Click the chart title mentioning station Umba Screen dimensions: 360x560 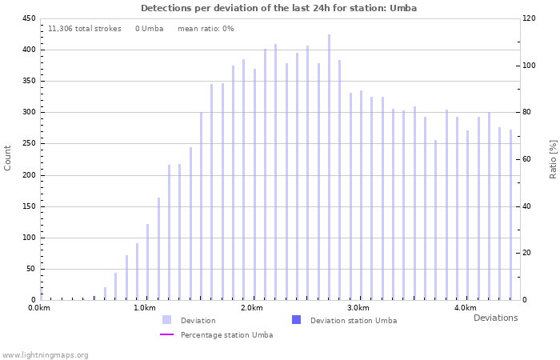[278, 8]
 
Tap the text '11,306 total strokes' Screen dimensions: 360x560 [85, 29]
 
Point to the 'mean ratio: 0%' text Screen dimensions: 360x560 [206, 29]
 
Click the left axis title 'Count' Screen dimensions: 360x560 [8, 158]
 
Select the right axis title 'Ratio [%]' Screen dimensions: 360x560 [553, 158]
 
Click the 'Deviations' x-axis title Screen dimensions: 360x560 [495, 318]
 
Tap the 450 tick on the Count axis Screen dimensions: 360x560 [27, 18]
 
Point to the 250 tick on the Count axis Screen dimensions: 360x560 [27, 144]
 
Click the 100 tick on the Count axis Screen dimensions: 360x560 [27, 238]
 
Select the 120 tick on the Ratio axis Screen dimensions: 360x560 [530, 18]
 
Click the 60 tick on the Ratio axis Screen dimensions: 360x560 [527, 159]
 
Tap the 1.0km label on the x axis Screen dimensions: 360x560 [145, 308]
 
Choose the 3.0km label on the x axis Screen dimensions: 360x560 [358, 308]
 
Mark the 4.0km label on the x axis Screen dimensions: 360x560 [465, 308]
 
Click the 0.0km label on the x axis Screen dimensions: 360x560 [38, 308]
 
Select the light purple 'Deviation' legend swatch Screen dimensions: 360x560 [166, 320]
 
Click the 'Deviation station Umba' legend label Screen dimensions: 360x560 [353, 320]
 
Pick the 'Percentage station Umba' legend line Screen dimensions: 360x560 [166, 334]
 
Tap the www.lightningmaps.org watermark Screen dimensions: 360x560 [45, 354]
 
